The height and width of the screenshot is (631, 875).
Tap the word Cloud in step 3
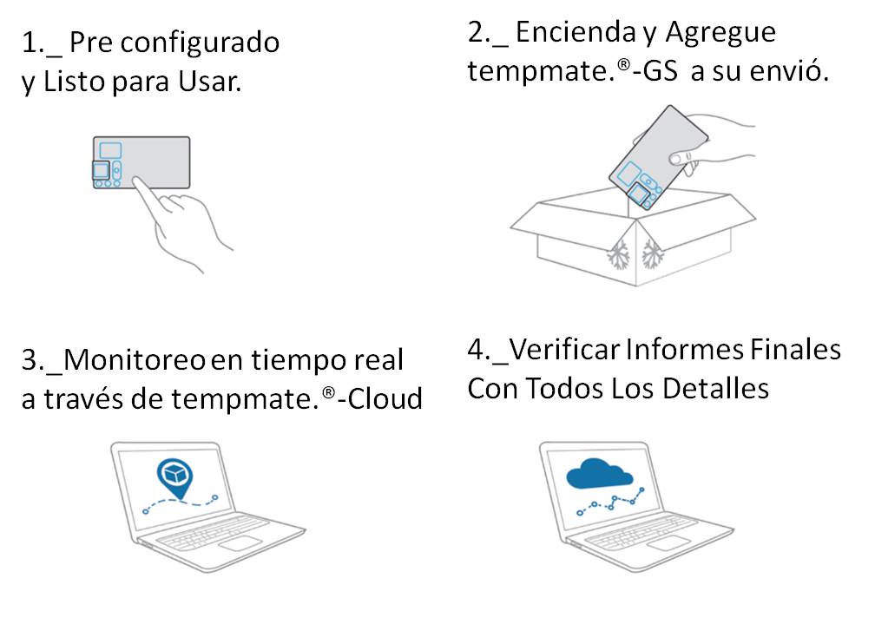(x=387, y=399)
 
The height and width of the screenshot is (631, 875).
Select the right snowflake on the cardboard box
(x=652, y=254)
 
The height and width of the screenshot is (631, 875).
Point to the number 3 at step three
(x=29, y=360)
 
